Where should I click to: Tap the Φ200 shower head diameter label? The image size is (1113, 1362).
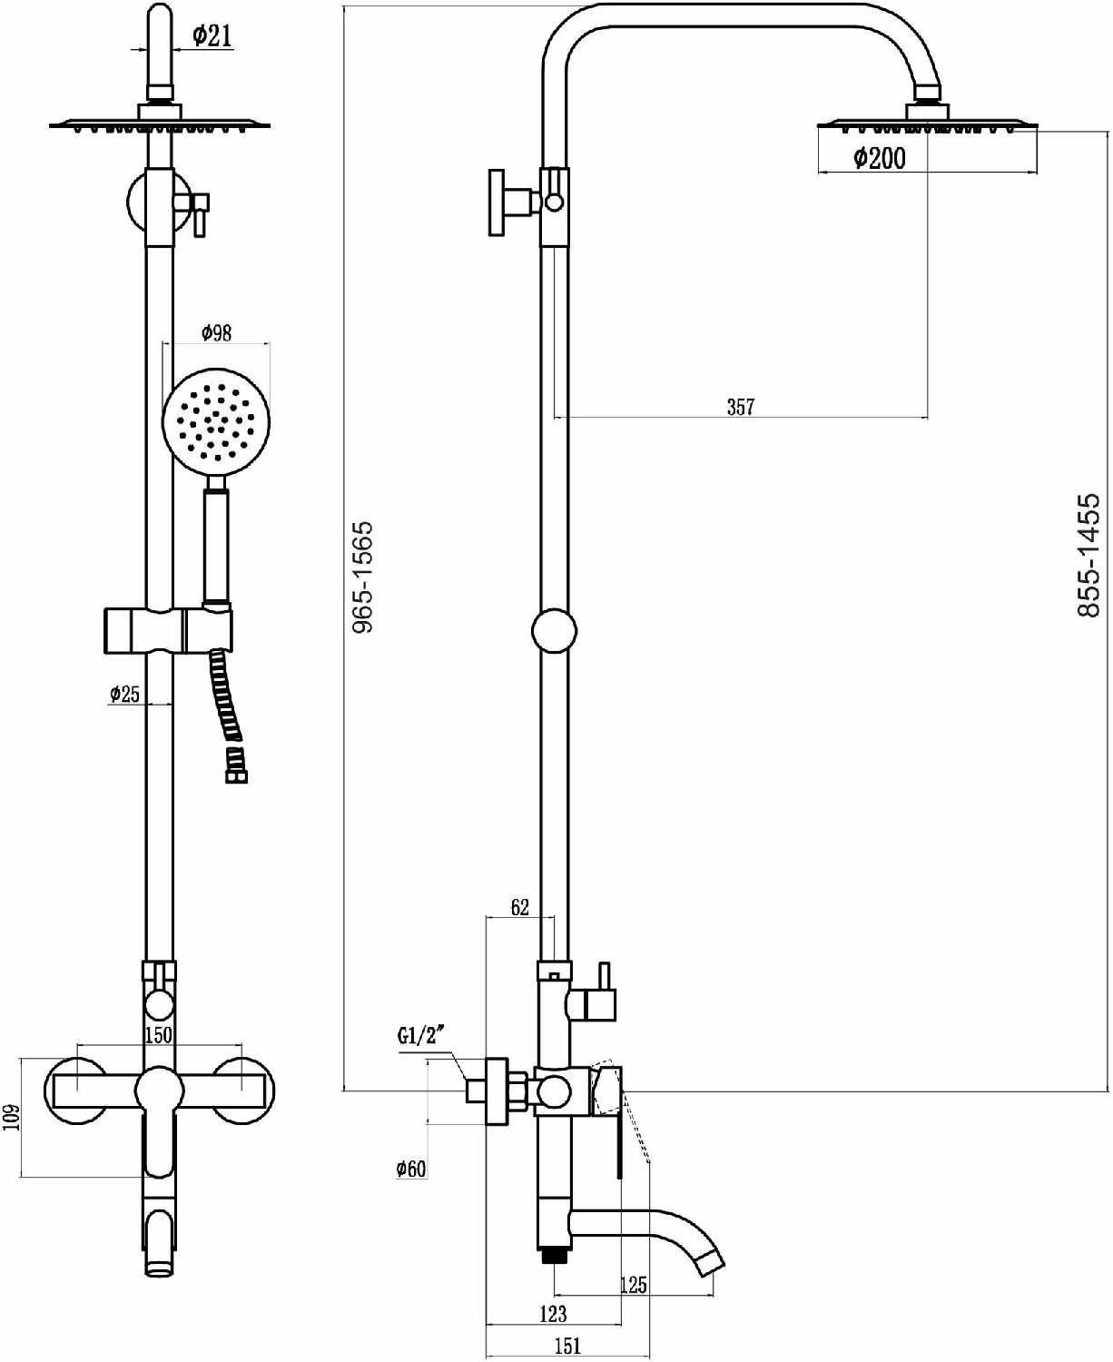click(x=880, y=158)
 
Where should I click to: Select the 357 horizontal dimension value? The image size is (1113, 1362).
click(x=741, y=407)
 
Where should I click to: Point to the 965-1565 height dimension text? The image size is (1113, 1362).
click(x=363, y=577)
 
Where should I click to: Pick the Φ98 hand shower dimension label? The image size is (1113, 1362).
click(x=216, y=333)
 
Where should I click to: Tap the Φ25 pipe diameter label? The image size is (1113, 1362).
click(x=124, y=694)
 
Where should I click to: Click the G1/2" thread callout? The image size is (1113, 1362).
click(x=421, y=1037)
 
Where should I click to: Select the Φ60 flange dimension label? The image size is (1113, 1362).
click(x=411, y=1169)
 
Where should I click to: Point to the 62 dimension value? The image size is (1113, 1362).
click(x=519, y=907)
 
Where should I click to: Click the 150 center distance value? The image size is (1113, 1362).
click(x=158, y=1035)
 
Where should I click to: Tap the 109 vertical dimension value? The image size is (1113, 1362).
click(x=13, y=1118)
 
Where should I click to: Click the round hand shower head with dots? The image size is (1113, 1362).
click(x=216, y=424)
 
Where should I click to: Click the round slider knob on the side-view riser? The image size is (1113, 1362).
click(x=554, y=630)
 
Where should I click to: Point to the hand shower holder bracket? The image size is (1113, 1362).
click(x=168, y=630)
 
